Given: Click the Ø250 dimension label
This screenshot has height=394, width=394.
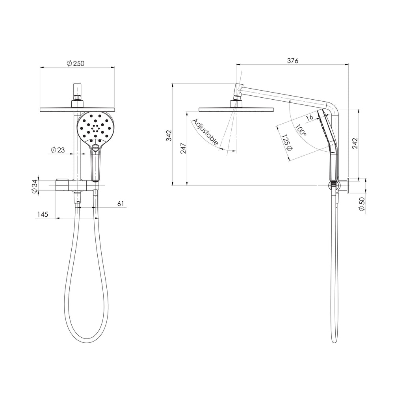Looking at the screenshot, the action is tap(76, 63).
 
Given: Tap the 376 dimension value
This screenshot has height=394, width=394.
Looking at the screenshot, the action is tap(293, 61).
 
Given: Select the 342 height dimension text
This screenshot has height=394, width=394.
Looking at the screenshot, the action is tap(169, 136).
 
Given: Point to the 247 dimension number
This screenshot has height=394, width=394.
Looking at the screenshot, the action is tap(183, 148).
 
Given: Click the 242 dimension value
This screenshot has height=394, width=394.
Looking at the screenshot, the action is tap(355, 143).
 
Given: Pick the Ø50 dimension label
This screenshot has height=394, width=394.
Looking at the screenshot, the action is tap(362, 204).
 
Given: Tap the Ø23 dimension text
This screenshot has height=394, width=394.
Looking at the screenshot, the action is tap(58, 150).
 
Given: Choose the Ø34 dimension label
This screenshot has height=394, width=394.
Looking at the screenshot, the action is tap(34, 186).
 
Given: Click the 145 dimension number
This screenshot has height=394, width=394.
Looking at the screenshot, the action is tap(43, 214).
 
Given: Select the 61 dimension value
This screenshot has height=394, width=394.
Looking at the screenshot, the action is tap(121, 203).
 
